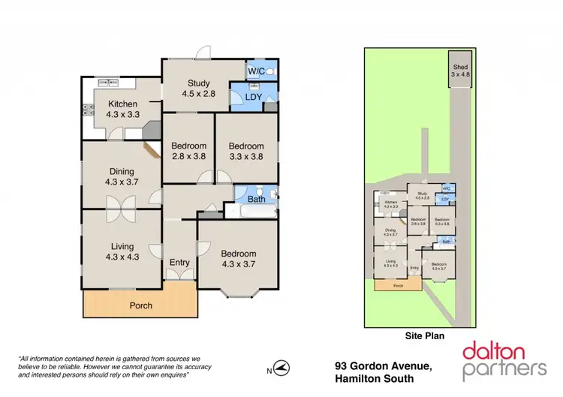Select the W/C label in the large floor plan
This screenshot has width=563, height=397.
(255, 72)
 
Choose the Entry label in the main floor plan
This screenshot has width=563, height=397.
(179, 262)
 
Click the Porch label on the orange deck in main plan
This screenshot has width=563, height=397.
(140, 305)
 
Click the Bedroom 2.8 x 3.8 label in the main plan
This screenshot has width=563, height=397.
(188, 151)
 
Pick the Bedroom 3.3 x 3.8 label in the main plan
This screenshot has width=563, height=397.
(246, 151)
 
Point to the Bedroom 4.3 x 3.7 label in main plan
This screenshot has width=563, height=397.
(238, 259)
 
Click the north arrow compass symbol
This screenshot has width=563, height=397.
(281, 368)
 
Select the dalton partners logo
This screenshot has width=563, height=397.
(504, 359)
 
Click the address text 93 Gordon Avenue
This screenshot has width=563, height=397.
(383, 365)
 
